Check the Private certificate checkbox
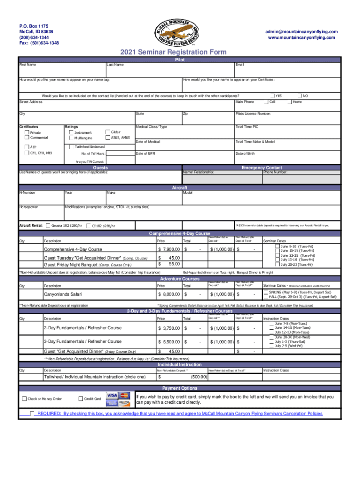(x=26, y=132)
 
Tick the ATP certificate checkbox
(x=26, y=147)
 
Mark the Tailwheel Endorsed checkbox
(x=72, y=146)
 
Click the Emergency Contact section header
(x=261, y=167)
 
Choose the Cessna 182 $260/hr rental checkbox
(x=47, y=225)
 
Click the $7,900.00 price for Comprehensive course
(x=168, y=249)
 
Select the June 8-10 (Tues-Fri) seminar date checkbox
(x=278, y=246)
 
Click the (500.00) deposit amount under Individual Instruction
(x=198, y=377)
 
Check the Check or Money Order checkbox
(x=24, y=399)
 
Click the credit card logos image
(x=118, y=399)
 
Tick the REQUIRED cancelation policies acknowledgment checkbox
(x=32, y=414)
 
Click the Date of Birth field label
(x=245, y=153)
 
